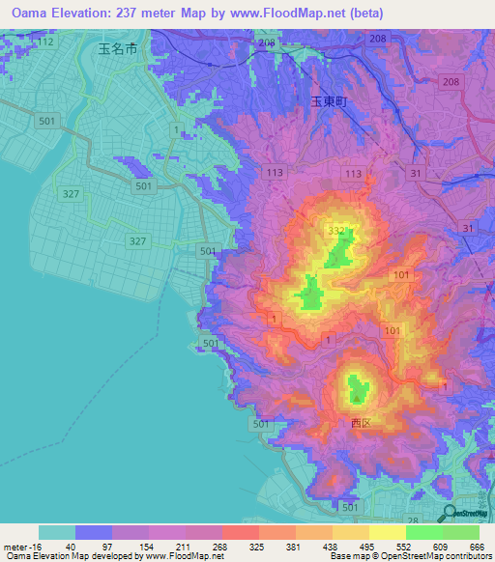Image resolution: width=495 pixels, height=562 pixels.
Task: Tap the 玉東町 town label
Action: click(x=328, y=99)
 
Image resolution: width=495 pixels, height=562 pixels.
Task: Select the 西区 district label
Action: click(x=361, y=423)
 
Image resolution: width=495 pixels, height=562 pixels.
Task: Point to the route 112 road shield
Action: click(x=43, y=42)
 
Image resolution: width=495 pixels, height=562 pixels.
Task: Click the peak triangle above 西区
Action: click(x=359, y=396)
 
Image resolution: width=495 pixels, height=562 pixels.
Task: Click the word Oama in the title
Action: click(x=33, y=14)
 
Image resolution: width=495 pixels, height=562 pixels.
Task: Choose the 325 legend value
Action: click(x=257, y=546)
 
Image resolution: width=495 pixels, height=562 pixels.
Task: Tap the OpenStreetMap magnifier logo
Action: click(x=448, y=515)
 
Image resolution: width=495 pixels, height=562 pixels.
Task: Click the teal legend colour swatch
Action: click(x=57, y=532)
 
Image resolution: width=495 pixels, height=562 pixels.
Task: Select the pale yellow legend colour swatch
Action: click(x=388, y=532)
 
